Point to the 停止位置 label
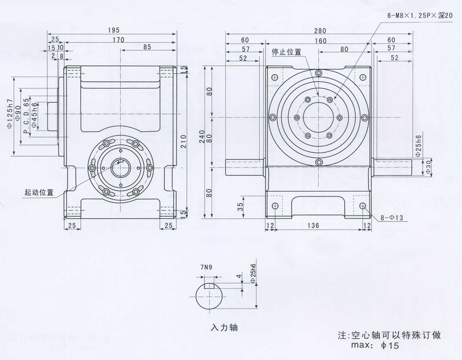pos(286,51)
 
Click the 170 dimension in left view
pos(119,40)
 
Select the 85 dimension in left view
pos(147,47)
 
